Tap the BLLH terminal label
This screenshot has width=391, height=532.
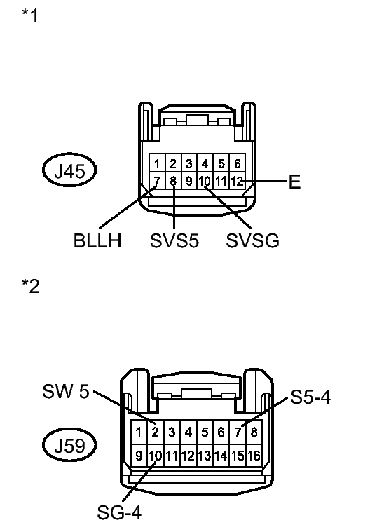click(97, 240)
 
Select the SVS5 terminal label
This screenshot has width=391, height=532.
click(174, 240)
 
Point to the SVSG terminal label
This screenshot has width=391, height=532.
click(253, 240)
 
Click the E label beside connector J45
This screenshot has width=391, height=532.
click(295, 182)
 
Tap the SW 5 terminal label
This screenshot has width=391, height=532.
click(66, 391)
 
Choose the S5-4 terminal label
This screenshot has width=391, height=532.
click(310, 397)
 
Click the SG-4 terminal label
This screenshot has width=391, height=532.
click(119, 512)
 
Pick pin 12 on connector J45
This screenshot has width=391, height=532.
click(238, 181)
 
